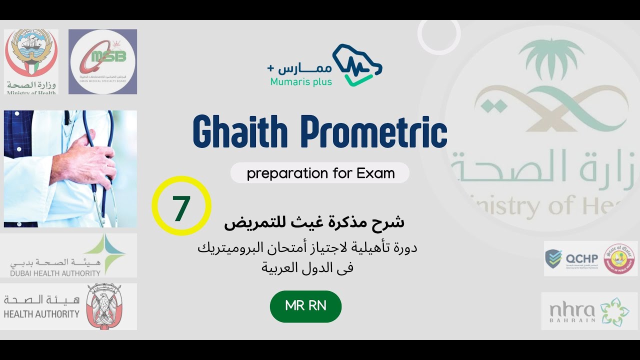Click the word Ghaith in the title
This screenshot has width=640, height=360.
(x=240, y=132)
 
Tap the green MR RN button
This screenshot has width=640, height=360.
(x=305, y=306)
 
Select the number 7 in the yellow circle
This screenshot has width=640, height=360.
(x=181, y=206)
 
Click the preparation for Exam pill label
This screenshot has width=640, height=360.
(x=320, y=173)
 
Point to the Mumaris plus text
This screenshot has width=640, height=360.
(x=300, y=81)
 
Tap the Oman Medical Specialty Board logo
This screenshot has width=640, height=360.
(x=102, y=61)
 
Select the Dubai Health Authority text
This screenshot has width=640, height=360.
(x=55, y=273)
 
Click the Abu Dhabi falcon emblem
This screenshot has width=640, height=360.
(x=103, y=306)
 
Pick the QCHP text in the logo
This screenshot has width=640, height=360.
(x=581, y=258)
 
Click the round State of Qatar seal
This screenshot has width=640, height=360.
(x=619, y=258)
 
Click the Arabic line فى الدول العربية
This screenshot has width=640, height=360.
(x=307, y=267)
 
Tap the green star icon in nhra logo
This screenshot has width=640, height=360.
(x=614, y=311)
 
